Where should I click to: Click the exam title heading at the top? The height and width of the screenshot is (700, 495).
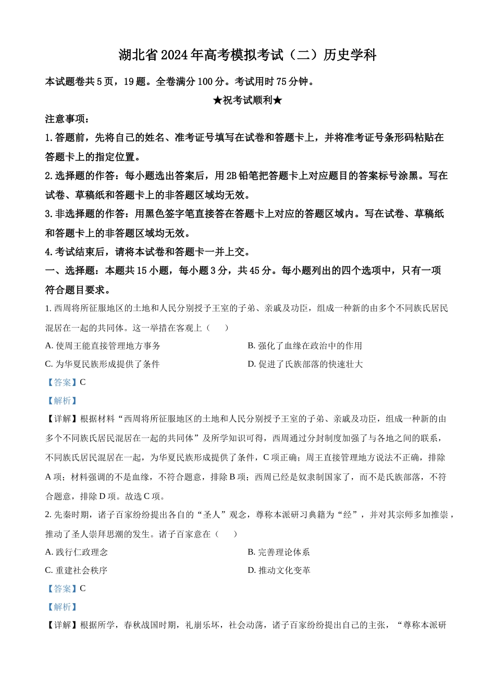[x=247, y=55]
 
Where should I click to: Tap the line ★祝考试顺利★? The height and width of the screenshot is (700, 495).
[x=247, y=100]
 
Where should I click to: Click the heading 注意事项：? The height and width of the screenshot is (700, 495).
[x=68, y=119]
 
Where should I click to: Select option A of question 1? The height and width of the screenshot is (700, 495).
[x=103, y=346]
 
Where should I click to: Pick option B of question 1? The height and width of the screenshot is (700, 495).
[x=305, y=346]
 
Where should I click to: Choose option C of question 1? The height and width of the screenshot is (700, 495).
[x=102, y=364]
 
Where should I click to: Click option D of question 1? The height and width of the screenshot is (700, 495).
[x=305, y=364]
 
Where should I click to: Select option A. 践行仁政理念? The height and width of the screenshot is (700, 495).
[x=77, y=552]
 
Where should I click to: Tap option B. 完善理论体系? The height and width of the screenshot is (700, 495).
[x=279, y=552]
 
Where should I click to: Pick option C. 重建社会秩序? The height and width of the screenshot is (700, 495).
[x=77, y=570]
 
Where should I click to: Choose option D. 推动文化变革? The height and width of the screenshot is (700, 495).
[x=279, y=570]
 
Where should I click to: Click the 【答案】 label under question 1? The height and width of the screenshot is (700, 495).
[x=62, y=382]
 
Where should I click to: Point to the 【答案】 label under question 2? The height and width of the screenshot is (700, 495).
[x=62, y=589]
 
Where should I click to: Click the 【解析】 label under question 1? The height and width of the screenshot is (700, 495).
[x=62, y=401]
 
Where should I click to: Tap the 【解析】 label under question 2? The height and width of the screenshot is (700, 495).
[x=62, y=607]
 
